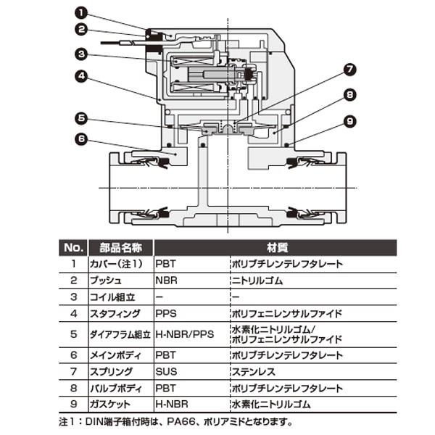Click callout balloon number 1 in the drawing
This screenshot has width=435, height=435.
pyautogui.click(x=80, y=12)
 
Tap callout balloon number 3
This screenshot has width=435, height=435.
pyautogui.click(x=80, y=53)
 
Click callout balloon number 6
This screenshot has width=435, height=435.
pyautogui.click(x=80, y=138)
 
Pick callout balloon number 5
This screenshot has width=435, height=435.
pyautogui.click(x=80, y=117)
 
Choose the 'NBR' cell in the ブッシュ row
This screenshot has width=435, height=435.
pyautogui.click(x=166, y=280)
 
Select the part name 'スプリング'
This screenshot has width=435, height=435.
pyautogui.click(x=111, y=371)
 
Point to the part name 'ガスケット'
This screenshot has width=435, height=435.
pyautogui.click(x=111, y=405)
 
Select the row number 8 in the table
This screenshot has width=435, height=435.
pyautogui.click(x=73, y=388)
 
